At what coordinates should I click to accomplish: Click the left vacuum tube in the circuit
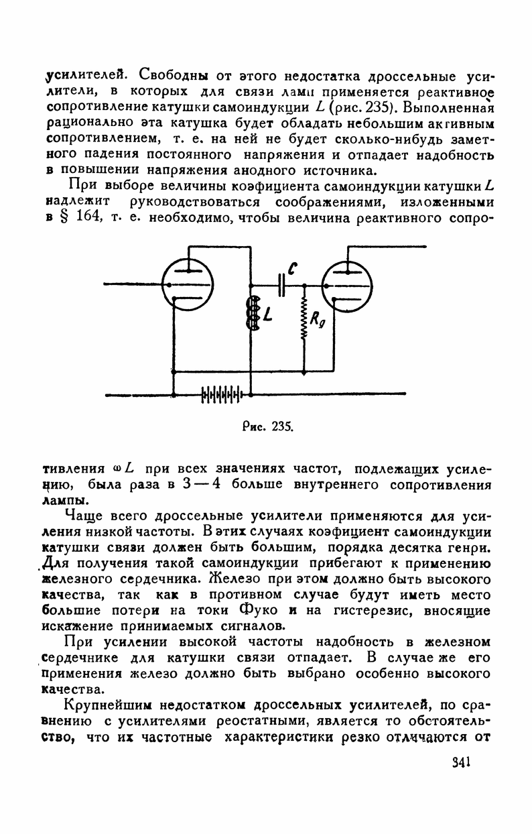pos(187,286)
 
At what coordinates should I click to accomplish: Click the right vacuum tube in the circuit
pos(346,286)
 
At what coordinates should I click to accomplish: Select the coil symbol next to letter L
pos(253,314)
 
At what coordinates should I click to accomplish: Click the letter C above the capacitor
pos(292,267)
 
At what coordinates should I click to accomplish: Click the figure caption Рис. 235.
pos(267,426)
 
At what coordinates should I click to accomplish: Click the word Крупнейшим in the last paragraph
pos(101,706)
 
